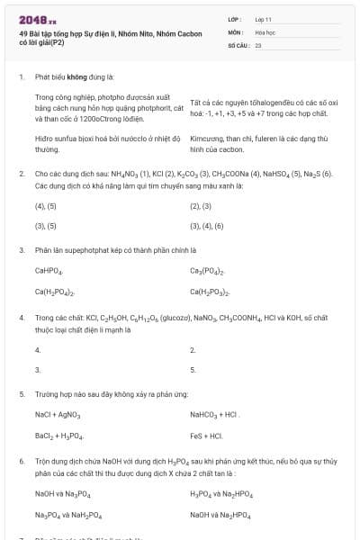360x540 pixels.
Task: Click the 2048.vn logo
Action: (37, 18)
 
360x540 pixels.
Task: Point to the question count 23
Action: (258, 43)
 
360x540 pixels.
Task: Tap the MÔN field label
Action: (236, 31)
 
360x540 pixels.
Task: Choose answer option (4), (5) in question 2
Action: (46, 206)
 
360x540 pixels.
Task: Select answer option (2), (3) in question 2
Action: (201, 206)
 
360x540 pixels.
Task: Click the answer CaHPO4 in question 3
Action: (49, 271)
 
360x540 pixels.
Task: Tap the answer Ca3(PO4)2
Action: (207, 271)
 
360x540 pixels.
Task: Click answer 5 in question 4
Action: (193, 369)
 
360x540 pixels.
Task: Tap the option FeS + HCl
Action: (206, 436)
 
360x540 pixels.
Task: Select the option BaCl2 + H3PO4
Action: (58, 436)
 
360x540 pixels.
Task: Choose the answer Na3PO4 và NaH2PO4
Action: (68, 515)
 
